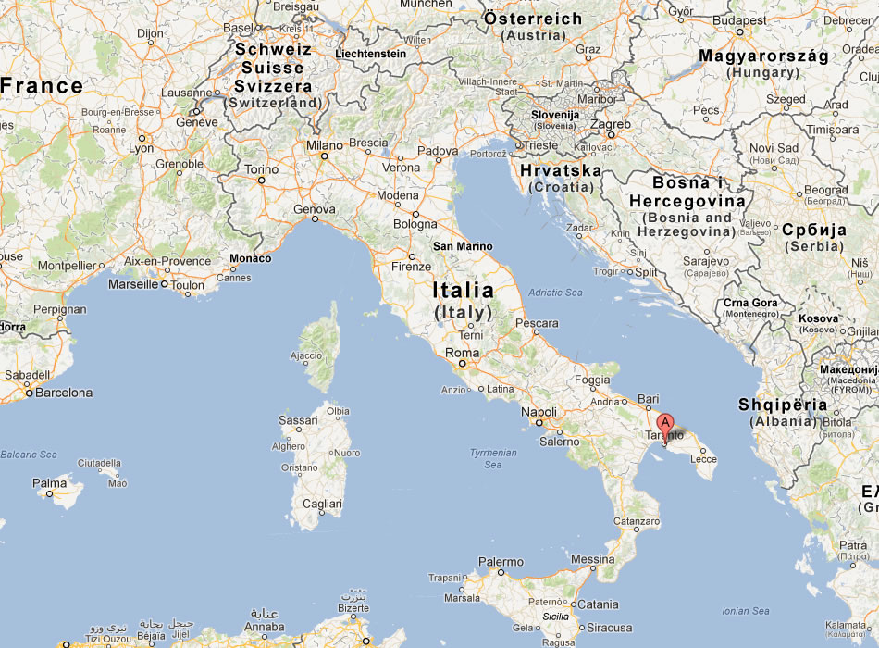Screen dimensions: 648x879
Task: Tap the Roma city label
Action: click(463, 353)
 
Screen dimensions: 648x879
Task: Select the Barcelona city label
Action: click(64, 393)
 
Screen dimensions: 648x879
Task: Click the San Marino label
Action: click(463, 247)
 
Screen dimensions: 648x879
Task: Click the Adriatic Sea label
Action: click(555, 293)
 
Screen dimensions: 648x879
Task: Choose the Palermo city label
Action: click(501, 562)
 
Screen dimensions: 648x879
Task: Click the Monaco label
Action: click(250, 258)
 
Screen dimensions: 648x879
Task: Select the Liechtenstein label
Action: click(370, 54)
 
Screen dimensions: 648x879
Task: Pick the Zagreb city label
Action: click(611, 124)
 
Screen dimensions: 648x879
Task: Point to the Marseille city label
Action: click(132, 284)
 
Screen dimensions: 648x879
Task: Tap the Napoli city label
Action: click(539, 412)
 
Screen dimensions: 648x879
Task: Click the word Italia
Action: click(463, 291)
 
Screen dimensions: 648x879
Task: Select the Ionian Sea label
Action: click(746, 611)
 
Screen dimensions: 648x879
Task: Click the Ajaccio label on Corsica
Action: click(306, 355)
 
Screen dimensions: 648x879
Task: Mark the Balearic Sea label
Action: click(29, 455)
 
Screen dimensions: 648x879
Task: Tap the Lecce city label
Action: click(703, 458)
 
